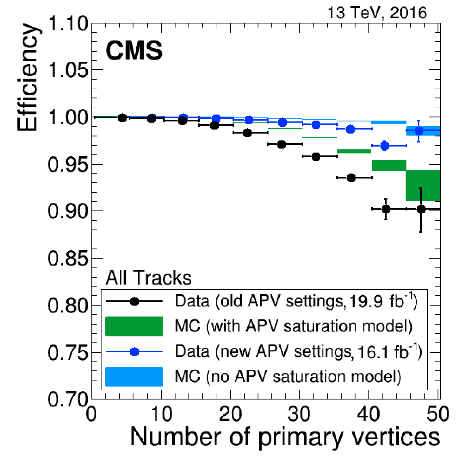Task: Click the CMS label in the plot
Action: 134,51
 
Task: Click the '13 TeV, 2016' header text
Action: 377,13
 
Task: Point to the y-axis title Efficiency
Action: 28,78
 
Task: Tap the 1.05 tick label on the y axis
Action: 68,70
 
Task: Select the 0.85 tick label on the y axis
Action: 68,258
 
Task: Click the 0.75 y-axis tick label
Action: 68,353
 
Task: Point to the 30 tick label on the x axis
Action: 300,414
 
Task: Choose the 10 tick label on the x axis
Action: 161,414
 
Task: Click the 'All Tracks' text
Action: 148,278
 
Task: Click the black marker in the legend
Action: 134,302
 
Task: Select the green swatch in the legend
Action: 134,326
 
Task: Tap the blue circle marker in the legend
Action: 134,352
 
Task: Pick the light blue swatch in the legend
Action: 134,376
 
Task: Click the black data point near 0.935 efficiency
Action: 351,178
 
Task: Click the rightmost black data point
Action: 421,209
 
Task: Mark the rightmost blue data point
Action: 419,131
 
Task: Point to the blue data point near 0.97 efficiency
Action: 385,146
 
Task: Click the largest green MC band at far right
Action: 423,185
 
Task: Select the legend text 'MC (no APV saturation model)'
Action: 288,376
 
